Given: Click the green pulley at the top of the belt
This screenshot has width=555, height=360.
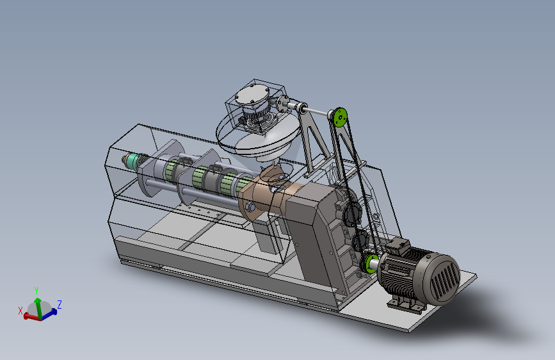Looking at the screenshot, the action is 340,117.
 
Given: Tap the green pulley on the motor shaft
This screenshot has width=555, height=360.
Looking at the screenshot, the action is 370,264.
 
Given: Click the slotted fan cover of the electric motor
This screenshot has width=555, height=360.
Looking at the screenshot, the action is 443,279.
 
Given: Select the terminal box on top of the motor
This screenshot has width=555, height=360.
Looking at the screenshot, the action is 397,246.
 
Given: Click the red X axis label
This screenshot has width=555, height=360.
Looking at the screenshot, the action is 20,311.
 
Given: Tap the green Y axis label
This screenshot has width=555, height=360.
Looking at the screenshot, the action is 36,291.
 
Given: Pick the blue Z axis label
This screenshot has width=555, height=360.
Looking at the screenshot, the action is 60,304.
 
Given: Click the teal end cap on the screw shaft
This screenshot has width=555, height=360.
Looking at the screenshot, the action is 133,162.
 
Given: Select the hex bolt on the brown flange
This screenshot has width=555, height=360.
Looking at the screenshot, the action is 250,206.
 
